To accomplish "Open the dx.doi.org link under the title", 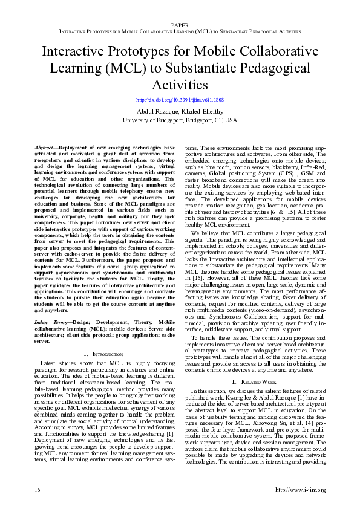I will pos(180,100).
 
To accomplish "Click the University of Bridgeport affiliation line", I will pos(180,120).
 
